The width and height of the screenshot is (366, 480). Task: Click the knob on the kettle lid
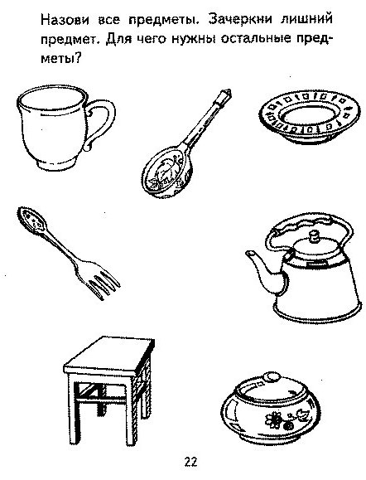pyautogui.click(x=313, y=238)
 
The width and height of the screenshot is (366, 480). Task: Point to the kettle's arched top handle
pyautogui.click(x=309, y=222)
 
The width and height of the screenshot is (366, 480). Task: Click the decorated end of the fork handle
pyautogui.click(x=31, y=220)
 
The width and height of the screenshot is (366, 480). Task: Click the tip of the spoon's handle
pyautogui.click(x=227, y=93)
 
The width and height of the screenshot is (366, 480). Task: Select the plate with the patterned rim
pyautogui.click(x=309, y=117)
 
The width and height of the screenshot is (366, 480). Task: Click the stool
pyautogui.click(x=108, y=389)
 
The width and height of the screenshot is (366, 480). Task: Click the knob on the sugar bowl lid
pyautogui.click(x=272, y=376)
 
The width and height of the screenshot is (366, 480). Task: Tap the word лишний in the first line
pyautogui.click(x=306, y=20)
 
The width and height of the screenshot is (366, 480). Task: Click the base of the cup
pyautogui.click(x=57, y=165)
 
